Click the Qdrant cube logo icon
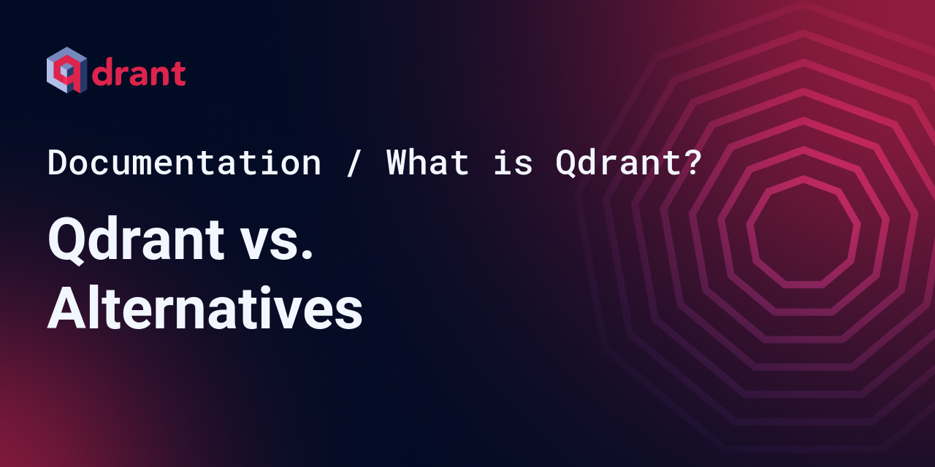click(66, 70)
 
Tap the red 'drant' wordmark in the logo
click(138, 72)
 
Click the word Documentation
click(185, 162)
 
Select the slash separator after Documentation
click(353, 163)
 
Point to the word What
click(427, 162)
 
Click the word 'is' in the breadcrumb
click(513, 162)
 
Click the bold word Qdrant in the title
click(136, 240)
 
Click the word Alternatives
click(205, 308)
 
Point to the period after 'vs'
click(307, 255)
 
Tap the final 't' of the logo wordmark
click(179, 74)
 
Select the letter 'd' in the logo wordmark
click(103, 72)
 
